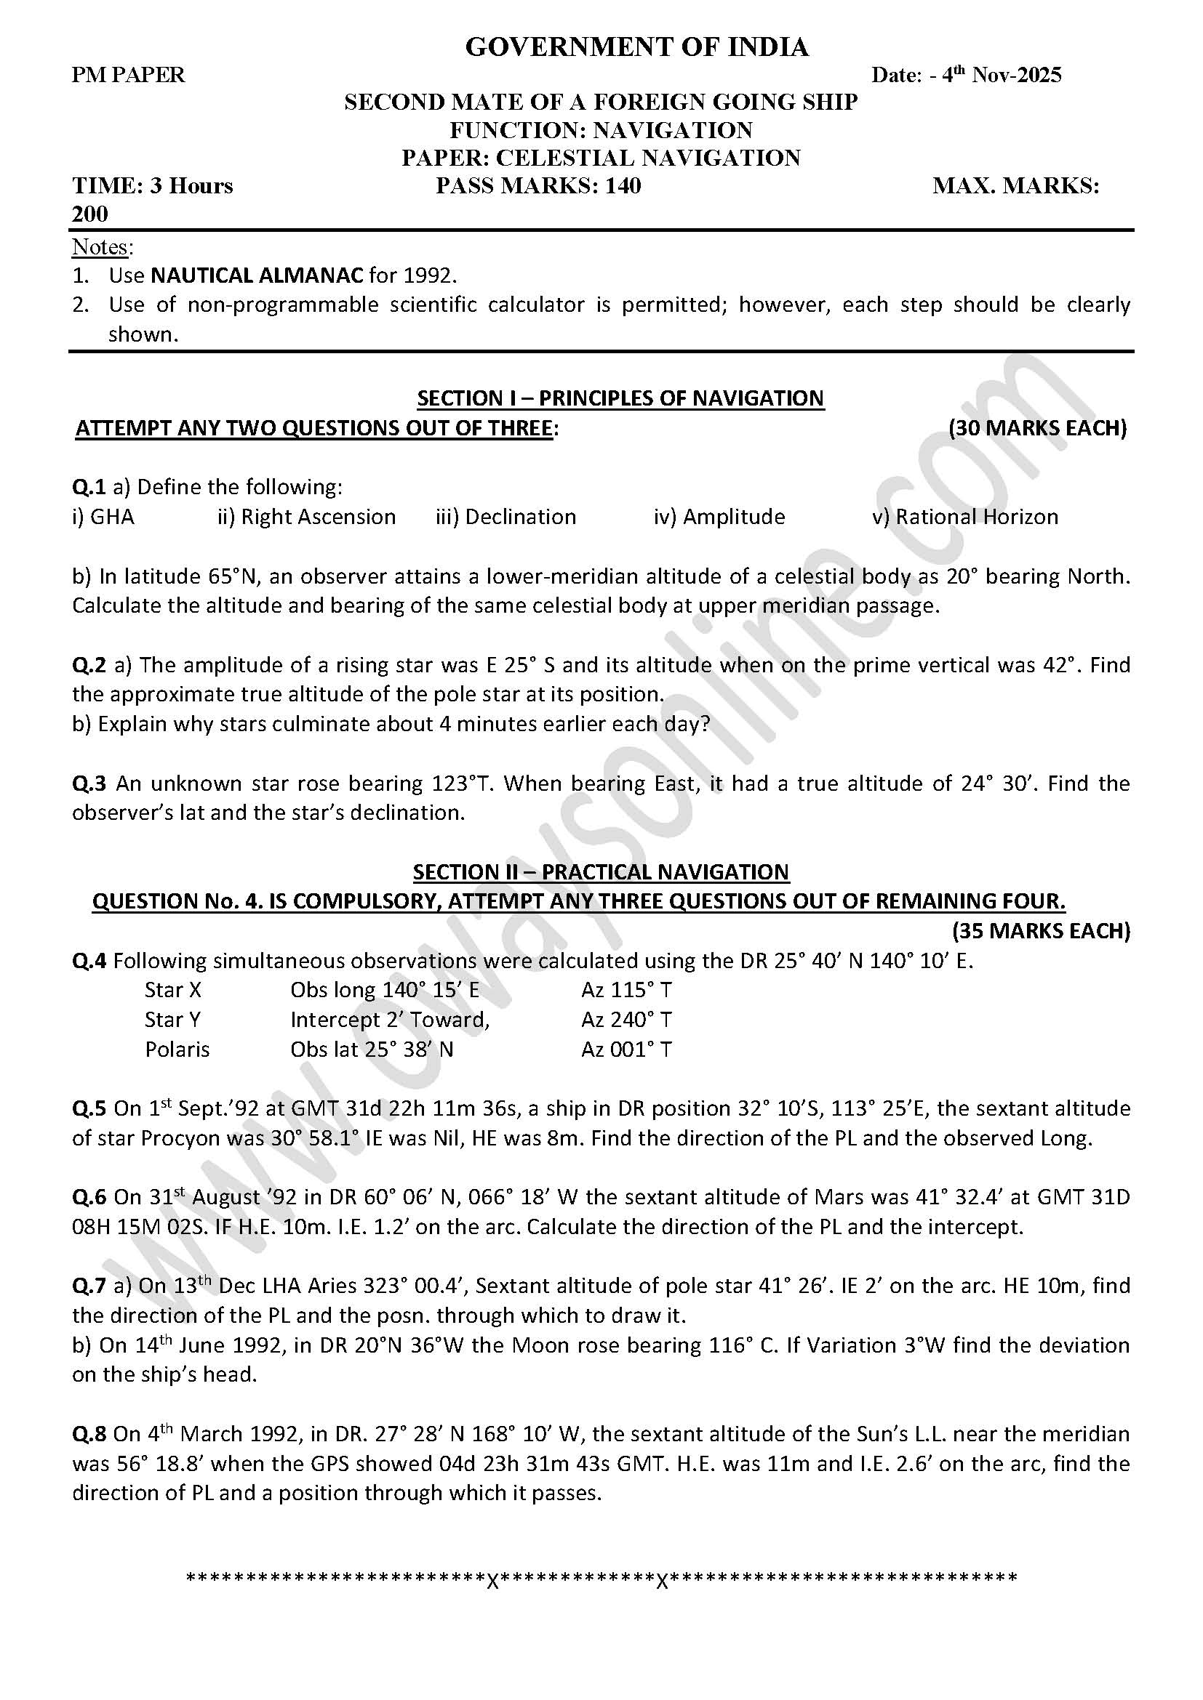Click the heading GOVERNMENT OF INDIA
point(636,47)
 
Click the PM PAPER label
point(128,75)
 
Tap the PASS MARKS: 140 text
point(537,185)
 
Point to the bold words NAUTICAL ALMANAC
point(256,275)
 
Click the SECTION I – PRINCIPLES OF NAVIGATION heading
point(620,398)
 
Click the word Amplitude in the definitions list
point(733,517)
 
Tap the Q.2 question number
point(89,665)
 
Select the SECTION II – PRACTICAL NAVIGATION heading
point(601,871)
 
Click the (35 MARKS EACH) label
point(1041,931)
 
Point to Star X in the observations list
point(173,990)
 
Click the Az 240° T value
point(627,1020)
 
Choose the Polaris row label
point(177,1050)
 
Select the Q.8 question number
point(89,1434)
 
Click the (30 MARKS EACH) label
point(1037,428)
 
